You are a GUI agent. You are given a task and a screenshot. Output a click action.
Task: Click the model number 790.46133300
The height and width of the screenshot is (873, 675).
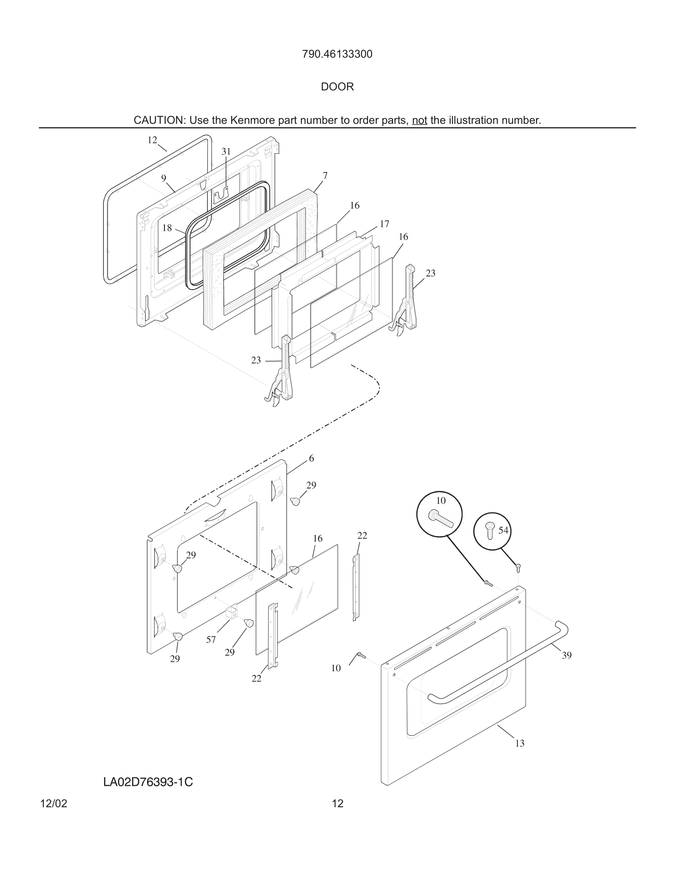point(337,54)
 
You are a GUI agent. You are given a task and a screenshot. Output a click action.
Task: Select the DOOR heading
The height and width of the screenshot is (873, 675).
point(337,87)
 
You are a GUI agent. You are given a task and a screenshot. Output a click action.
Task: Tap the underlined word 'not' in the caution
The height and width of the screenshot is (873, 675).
point(419,120)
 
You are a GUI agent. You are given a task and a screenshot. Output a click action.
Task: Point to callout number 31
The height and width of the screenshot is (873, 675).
point(226,151)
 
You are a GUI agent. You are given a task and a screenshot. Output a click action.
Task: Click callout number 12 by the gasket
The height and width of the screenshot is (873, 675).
point(152,140)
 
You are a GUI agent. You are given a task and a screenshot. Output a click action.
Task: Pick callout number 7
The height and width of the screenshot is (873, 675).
point(325,176)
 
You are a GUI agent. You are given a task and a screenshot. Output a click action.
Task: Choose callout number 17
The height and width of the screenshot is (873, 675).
point(384,224)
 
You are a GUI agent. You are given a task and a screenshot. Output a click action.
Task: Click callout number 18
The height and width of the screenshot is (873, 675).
point(167,228)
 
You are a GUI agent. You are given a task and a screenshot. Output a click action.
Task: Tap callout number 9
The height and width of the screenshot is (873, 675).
point(164,178)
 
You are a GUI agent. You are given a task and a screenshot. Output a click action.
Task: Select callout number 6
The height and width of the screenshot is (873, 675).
point(311,459)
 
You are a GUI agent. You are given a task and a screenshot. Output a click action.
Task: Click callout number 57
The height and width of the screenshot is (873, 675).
point(211,640)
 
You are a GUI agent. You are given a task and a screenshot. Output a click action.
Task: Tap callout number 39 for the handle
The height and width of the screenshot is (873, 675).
point(567,655)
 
